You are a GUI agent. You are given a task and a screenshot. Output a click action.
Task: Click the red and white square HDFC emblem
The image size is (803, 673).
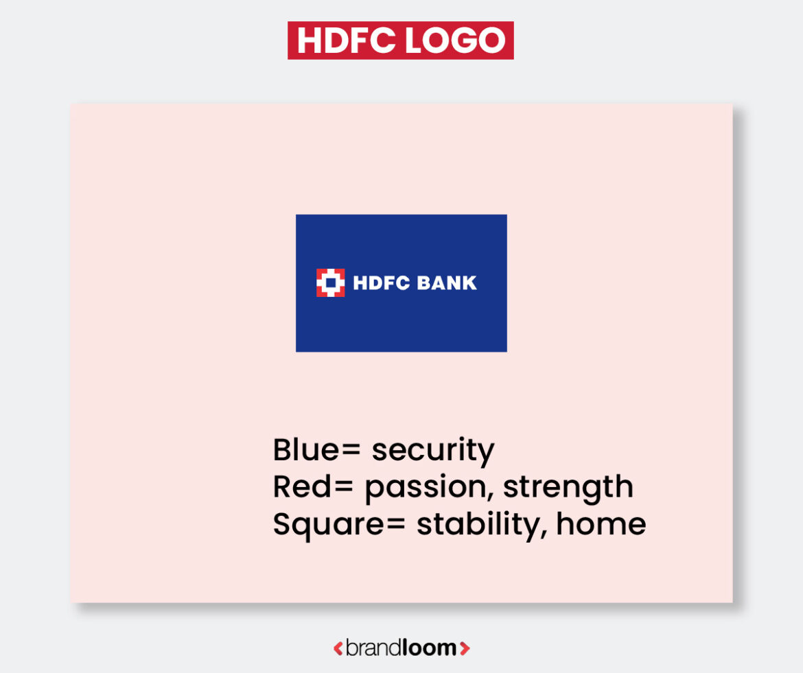click(x=330, y=283)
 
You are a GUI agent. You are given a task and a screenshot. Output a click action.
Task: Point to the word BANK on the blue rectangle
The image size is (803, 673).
click(x=444, y=283)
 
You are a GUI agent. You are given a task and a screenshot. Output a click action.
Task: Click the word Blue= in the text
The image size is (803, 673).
click(x=316, y=450)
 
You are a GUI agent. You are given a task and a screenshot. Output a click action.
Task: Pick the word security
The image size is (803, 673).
click(x=432, y=451)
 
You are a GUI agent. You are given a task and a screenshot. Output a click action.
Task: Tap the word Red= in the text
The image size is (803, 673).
click(x=313, y=486)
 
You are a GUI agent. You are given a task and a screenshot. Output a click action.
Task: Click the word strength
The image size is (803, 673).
click(x=568, y=488)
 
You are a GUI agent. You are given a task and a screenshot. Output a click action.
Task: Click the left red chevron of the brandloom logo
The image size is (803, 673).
click(x=338, y=648)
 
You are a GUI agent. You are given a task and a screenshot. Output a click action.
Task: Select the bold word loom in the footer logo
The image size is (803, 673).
click(x=430, y=648)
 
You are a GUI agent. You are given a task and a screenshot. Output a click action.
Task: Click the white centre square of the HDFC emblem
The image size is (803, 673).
click(x=330, y=283)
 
